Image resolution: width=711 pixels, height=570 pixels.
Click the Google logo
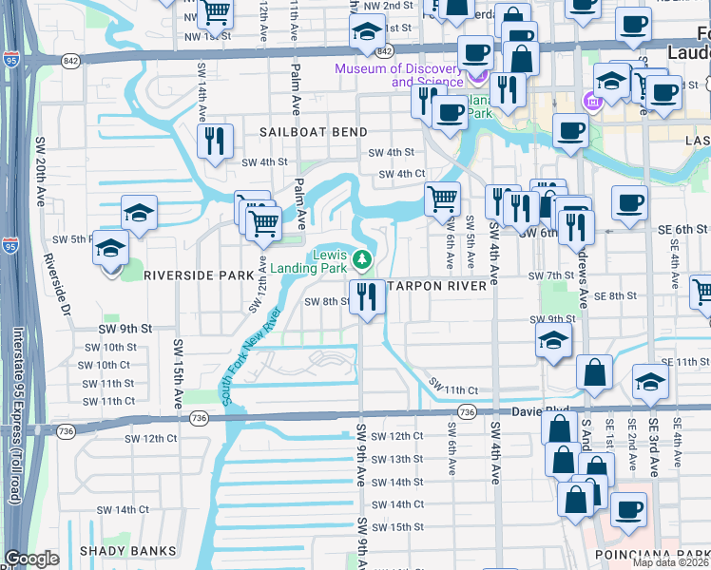click(31, 559)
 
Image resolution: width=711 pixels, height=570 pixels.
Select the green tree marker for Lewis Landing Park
click(362, 257)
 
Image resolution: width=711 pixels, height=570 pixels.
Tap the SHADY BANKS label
click(128, 550)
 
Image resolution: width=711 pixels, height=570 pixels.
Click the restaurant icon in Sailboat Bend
click(216, 142)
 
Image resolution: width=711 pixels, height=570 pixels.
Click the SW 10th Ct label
click(104, 365)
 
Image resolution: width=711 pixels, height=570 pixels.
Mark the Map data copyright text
click(671, 562)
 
